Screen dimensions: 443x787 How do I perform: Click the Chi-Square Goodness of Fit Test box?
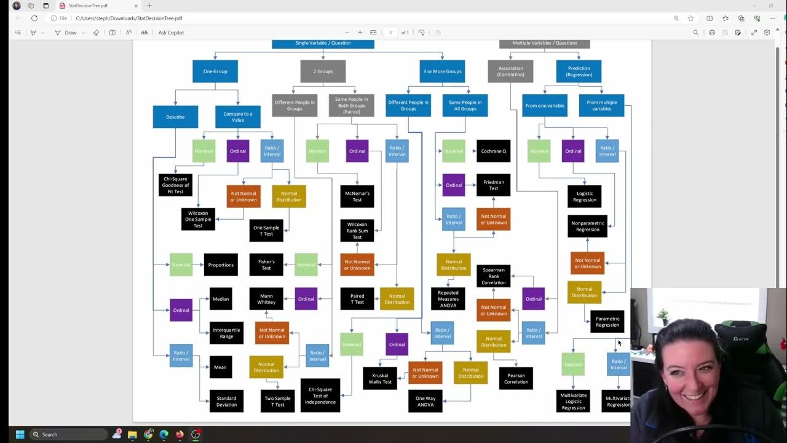(x=175, y=185)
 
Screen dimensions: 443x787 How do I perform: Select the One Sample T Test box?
(x=266, y=230)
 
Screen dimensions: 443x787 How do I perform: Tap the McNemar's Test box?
(x=357, y=196)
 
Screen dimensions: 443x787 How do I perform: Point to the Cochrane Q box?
(x=493, y=151)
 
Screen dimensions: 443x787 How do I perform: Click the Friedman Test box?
(x=493, y=185)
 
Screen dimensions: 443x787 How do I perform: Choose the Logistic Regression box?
(x=584, y=196)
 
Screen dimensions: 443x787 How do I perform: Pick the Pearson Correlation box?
(x=516, y=378)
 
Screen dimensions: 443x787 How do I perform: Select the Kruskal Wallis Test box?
(x=379, y=378)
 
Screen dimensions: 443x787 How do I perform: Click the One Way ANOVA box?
(x=425, y=401)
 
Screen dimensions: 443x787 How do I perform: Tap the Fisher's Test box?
(x=266, y=265)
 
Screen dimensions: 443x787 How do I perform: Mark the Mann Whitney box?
(x=266, y=299)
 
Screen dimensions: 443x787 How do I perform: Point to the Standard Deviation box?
(x=226, y=401)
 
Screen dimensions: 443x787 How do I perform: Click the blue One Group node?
(x=215, y=71)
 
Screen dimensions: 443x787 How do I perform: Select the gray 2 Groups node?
(x=323, y=71)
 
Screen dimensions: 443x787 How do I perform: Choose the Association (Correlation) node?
(x=510, y=71)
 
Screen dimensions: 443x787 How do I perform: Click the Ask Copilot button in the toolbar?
(x=171, y=33)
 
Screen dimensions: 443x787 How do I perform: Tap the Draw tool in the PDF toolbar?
(x=66, y=33)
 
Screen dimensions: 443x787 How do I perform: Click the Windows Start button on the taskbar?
(x=20, y=434)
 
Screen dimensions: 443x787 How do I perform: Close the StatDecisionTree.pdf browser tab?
(x=136, y=6)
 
